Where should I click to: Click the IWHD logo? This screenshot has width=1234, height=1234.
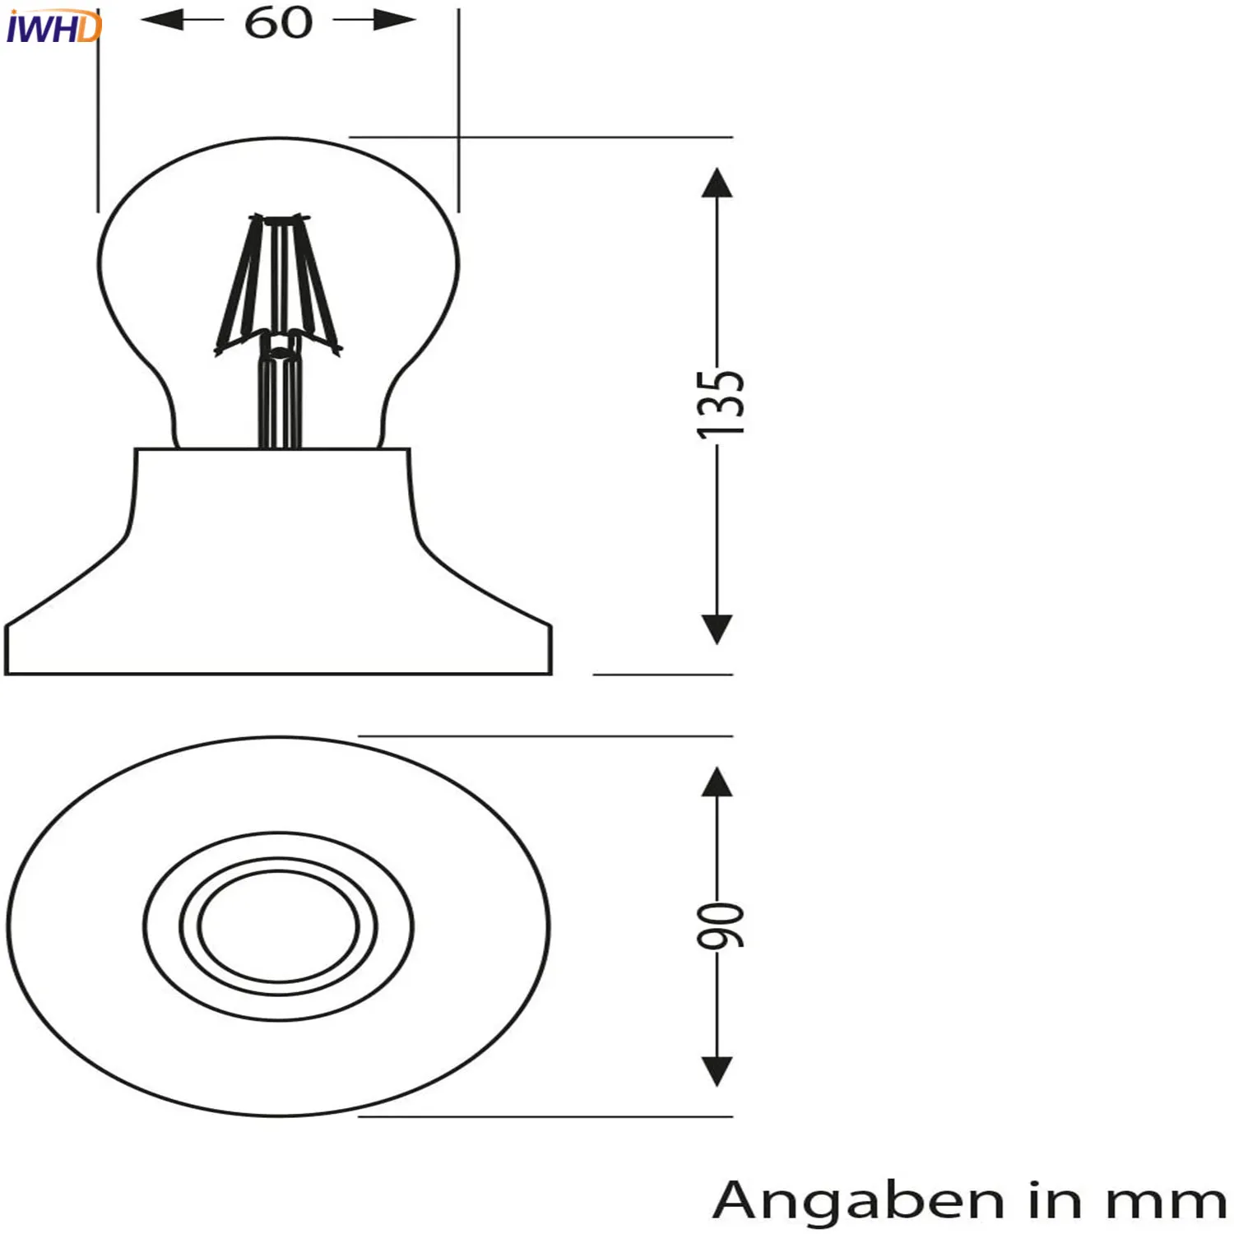tap(53, 27)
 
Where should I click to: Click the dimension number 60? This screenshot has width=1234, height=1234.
tap(279, 22)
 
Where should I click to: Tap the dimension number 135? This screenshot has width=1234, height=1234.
tap(720, 404)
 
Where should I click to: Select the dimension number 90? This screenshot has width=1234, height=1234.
tap(720, 925)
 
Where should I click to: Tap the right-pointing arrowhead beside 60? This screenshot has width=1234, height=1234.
tap(393, 20)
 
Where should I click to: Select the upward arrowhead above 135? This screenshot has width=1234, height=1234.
tap(717, 183)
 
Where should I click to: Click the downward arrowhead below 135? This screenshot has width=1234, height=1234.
tap(717, 629)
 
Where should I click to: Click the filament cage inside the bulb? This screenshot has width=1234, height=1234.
tap(279, 280)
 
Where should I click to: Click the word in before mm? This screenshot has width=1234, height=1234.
tap(1056, 1200)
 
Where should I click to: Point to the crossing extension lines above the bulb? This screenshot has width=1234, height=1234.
tap(458, 137)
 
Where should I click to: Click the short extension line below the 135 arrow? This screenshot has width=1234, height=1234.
tap(662, 675)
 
